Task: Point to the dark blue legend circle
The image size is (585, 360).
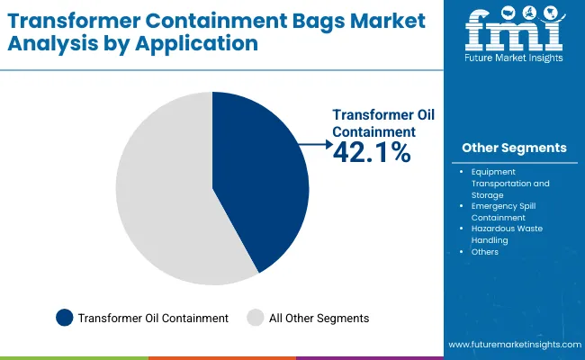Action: pyautogui.click(x=64, y=318)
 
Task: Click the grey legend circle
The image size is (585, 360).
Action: pyautogui.click(x=256, y=318)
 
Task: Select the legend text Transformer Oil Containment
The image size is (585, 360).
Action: pyautogui.click(x=153, y=318)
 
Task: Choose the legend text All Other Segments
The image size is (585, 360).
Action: pyautogui.click(x=319, y=318)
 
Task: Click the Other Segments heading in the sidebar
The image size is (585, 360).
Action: pyautogui.click(x=514, y=148)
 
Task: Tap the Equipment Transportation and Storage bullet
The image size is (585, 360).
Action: pyautogui.click(x=509, y=183)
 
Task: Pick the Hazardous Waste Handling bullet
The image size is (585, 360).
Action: pyautogui.click(x=508, y=234)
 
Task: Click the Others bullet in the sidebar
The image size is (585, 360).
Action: pyautogui.click(x=484, y=252)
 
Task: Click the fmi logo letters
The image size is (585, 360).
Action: pyautogui.click(x=514, y=32)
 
